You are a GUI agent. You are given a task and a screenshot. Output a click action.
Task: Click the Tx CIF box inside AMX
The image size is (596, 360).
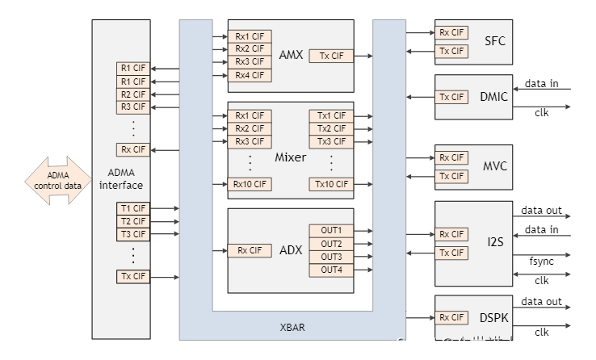point(330,56)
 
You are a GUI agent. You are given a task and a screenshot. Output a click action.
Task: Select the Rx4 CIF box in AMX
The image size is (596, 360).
point(250,75)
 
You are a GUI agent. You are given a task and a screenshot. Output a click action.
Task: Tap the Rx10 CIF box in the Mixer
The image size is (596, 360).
point(250,184)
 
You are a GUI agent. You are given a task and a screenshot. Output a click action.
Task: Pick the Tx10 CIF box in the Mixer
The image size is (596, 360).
point(330,184)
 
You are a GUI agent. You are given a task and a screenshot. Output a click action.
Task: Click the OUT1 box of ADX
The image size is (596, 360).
point(330,231)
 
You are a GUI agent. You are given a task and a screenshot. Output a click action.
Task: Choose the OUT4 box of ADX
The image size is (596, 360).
point(330,270)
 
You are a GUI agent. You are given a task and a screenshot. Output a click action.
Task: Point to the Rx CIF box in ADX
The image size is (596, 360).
point(250,250)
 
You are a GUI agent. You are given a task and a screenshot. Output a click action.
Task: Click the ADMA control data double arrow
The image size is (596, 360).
point(58,180)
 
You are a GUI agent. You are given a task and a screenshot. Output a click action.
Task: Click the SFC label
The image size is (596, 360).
point(495,41)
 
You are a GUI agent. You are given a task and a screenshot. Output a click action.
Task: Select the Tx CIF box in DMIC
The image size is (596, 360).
point(451,97)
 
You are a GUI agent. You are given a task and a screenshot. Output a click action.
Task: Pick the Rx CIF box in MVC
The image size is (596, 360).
point(451,157)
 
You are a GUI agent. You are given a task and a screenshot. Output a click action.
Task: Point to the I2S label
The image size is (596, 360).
point(495,243)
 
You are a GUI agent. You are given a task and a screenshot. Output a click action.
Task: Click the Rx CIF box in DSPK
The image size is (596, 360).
point(451,317)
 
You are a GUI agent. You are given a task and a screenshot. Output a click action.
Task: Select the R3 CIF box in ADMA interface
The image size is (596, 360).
point(133,107)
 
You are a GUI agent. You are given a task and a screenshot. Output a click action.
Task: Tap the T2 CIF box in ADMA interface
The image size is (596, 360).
point(133,221)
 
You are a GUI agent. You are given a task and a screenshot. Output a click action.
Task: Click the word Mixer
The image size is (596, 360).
point(290,157)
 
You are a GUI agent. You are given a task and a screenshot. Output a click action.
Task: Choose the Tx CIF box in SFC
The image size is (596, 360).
point(451,52)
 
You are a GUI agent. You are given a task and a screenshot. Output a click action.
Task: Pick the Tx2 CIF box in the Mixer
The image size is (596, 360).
point(330,128)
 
